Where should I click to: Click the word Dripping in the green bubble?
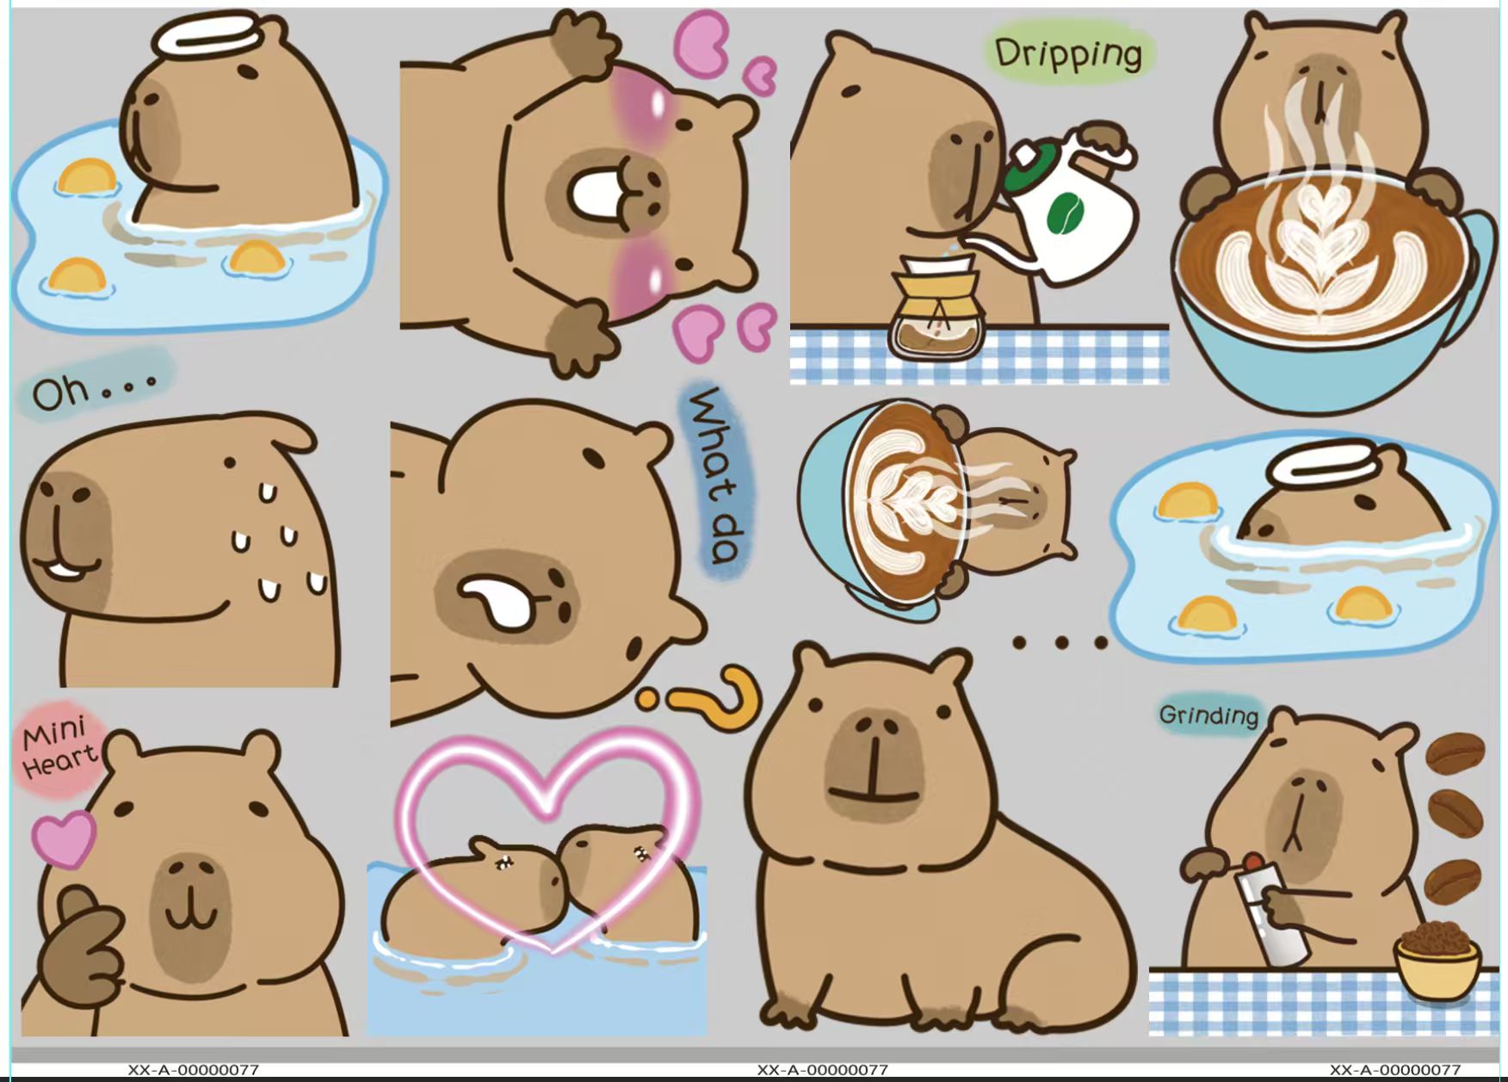click(1068, 53)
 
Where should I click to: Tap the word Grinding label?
click(1208, 715)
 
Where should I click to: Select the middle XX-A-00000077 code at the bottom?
click(822, 1070)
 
